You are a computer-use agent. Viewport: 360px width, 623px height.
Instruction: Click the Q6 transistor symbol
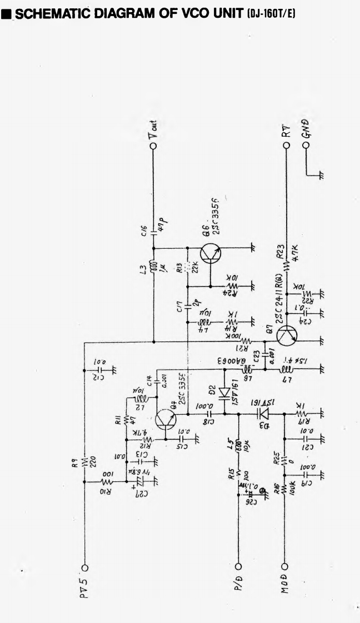tap(210, 253)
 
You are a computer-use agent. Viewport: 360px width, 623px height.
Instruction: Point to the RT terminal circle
tap(286, 145)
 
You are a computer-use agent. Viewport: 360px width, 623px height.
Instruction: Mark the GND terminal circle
tap(306, 145)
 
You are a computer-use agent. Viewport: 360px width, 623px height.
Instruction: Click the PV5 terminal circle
tap(85, 567)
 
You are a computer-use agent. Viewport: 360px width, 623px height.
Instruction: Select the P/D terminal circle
tap(239, 567)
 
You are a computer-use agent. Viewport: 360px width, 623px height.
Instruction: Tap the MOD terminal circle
tap(286, 567)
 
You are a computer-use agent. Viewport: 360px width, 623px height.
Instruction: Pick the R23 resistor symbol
tap(286, 267)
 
